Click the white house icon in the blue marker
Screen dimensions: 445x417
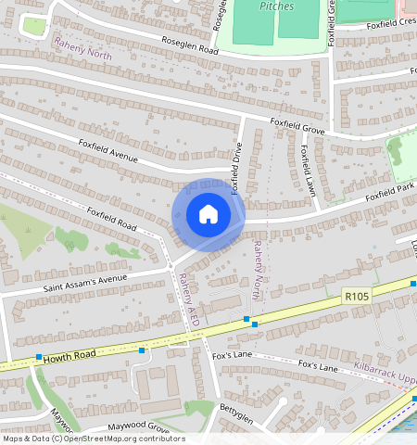click(x=208, y=215)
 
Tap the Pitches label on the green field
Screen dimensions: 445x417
click(x=276, y=6)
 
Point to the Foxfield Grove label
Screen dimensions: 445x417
click(x=297, y=127)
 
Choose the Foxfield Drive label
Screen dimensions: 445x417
click(x=238, y=168)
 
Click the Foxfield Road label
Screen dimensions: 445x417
click(x=111, y=219)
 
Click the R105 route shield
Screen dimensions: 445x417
click(x=355, y=296)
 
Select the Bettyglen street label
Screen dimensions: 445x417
click(x=235, y=408)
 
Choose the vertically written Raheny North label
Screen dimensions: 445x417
click(x=258, y=270)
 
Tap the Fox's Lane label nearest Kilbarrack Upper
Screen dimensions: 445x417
click(x=317, y=366)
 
